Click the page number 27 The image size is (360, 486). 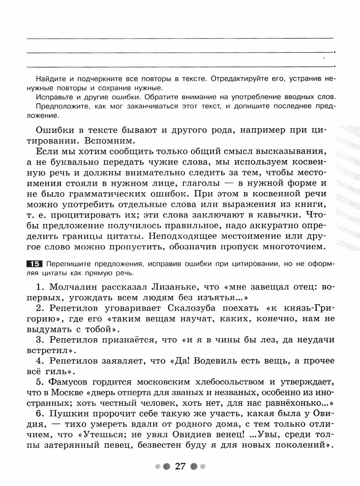click(x=180, y=466)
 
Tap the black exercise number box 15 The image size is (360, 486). click(x=34, y=264)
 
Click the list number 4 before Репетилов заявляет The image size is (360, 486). click(x=39, y=361)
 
